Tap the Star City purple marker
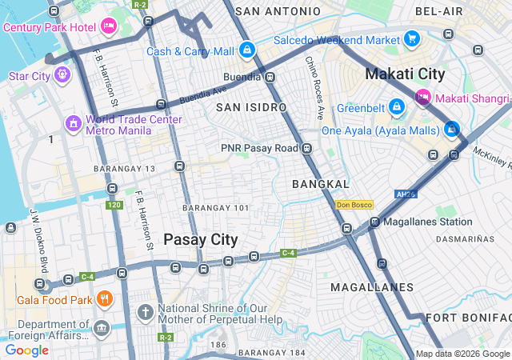(x=63, y=76)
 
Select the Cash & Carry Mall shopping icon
(x=247, y=50)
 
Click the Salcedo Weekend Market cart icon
(x=412, y=39)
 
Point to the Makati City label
(x=405, y=74)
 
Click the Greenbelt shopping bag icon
(x=396, y=106)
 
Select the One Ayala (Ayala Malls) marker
(x=452, y=129)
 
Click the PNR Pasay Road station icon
(x=306, y=148)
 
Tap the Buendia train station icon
(x=270, y=78)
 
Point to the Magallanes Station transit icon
(x=374, y=222)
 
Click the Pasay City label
(x=200, y=239)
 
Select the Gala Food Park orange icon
(x=103, y=300)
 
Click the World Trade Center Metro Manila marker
(x=73, y=124)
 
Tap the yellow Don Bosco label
(x=354, y=205)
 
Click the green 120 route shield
(x=114, y=206)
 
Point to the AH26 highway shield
(x=406, y=194)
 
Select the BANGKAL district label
(x=321, y=184)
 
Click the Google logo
(x=27, y=350)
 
